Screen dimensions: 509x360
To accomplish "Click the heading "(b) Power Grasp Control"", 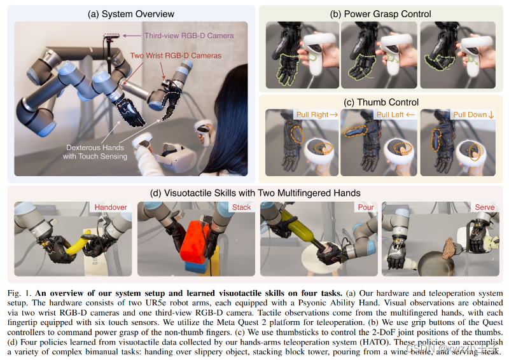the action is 381,14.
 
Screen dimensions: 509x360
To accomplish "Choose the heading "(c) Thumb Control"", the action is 381,102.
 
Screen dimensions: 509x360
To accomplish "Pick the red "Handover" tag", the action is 110,207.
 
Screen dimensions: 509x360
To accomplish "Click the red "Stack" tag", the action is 241,207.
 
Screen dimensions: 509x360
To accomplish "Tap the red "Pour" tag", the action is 365,207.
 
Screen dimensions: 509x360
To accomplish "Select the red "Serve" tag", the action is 485,207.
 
